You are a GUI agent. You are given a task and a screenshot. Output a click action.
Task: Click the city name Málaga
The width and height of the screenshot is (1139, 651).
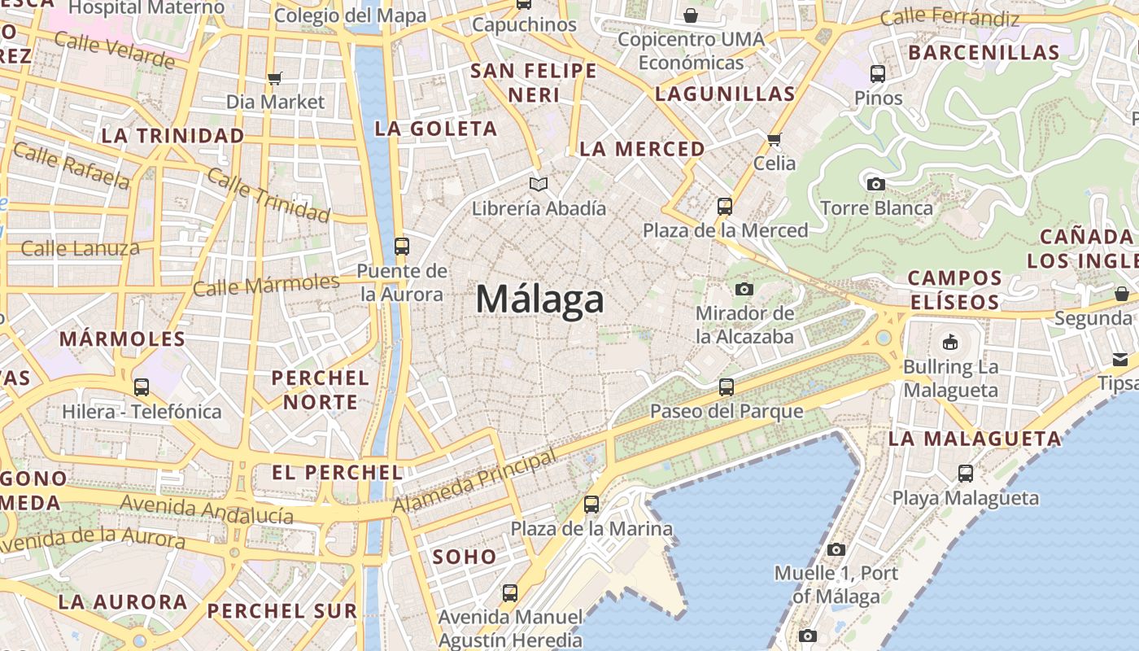[539, 299]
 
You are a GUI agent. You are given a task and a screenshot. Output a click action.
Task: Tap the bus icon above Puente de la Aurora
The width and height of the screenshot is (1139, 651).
[401, 246]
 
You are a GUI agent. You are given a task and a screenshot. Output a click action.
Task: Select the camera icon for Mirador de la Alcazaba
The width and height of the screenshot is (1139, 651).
[744, 289]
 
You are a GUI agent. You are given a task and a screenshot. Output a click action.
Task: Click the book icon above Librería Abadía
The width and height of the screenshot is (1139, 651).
[538, 184]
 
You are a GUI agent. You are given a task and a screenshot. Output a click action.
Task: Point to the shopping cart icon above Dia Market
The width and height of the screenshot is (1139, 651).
[274, 78]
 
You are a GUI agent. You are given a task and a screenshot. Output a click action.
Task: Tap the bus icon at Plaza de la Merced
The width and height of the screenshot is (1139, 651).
[725, 207]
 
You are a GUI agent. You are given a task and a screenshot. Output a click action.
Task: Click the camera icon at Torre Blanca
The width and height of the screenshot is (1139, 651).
[875, 184]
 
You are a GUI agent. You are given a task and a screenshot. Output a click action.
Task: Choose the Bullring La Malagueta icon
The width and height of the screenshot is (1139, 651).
[949, 342]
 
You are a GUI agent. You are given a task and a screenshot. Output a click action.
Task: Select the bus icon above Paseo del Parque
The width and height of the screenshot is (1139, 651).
[727, 387]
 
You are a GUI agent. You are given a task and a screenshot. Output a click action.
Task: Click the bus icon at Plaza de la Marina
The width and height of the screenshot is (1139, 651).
[591, 505]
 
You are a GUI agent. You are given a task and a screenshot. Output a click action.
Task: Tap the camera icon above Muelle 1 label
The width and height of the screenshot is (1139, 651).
[836, 549]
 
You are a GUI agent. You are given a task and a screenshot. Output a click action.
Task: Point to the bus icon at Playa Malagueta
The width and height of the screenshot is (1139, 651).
[966, 473]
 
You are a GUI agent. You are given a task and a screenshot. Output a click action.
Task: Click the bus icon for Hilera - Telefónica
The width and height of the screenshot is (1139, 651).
[142, 387]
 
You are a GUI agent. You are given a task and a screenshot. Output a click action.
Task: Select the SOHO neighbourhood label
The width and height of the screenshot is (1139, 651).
[465, 557]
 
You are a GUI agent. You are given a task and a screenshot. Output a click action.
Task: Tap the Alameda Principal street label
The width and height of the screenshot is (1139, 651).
[474, 481]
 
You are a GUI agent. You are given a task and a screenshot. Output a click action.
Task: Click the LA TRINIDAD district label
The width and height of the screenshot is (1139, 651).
[172, 136]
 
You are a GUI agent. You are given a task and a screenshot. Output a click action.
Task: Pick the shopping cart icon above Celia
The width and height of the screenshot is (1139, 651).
[774, 139]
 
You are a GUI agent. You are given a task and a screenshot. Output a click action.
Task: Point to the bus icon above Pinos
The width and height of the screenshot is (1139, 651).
[878, 74]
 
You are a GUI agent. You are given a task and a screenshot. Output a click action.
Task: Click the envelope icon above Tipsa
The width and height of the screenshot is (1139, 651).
[1120, 359]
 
